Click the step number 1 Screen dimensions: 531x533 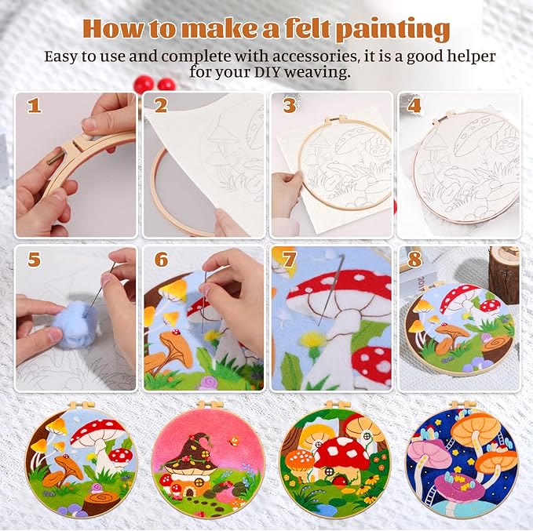pos(34,105)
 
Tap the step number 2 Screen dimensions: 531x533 pos(161,105)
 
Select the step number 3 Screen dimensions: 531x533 pos(289,105)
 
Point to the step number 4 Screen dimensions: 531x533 pos(415,105)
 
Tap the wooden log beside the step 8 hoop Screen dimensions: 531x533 pos(503,271)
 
